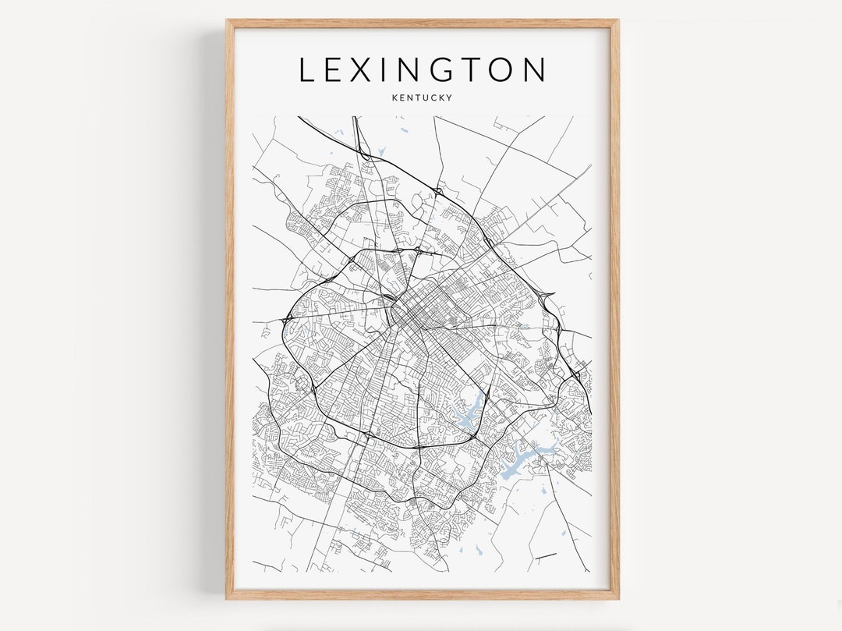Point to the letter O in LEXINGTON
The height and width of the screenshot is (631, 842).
(503, 70)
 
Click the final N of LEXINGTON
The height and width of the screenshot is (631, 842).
(535, 70)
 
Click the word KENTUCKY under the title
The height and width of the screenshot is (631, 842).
(422, 97)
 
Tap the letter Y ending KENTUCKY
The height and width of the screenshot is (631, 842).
(450, 97)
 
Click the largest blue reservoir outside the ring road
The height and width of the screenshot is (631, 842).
(522, 460)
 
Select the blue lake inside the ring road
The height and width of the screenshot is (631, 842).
(468, 413)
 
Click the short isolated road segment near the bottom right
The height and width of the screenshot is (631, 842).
(546, 556)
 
